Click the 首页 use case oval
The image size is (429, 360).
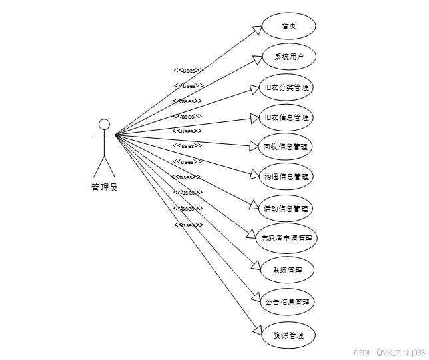coord(288,26)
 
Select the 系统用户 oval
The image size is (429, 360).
coord(288,57)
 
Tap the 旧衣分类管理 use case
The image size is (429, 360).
coord(287,87)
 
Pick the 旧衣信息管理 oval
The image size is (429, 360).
coord(286,117)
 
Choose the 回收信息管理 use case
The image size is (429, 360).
coord(286,147)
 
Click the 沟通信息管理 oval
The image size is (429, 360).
coord(286,177)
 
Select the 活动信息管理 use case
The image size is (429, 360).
coord(286,209)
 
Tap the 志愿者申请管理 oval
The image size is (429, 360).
coord(287,238)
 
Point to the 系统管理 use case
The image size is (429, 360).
coord(287,270)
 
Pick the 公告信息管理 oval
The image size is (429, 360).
coord(286,302)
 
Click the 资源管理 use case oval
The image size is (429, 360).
coord(287,335)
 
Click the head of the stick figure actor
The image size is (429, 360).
coord(104,124)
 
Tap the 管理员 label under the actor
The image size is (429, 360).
coord(104,187)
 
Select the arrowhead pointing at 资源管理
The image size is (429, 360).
coord(258,329)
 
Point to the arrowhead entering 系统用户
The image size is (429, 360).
coord(256,60)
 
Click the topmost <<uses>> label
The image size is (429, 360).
coord(189,70)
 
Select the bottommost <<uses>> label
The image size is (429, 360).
coord(189,225)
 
